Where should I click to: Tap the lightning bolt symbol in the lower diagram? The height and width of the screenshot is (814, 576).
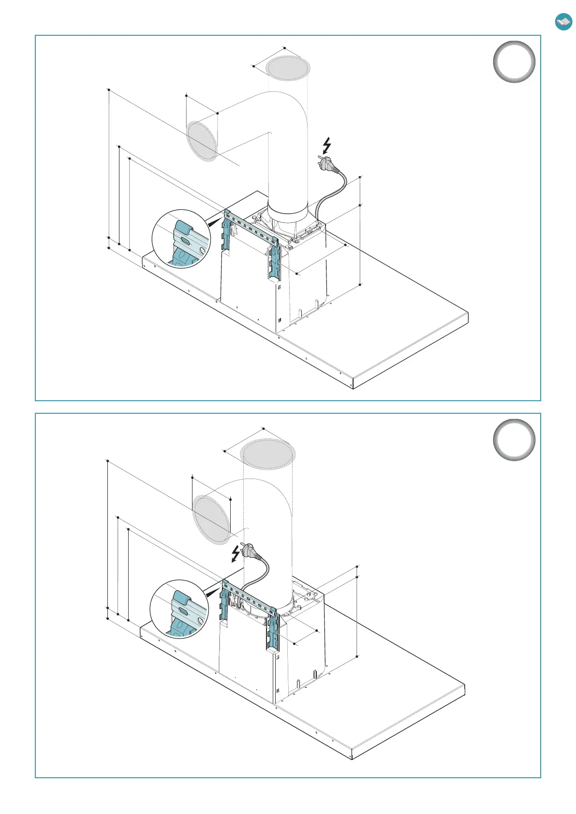(236, 554)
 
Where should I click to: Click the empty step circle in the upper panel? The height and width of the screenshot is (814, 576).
(514, 62)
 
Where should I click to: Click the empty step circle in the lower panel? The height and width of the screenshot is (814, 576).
(514, 440)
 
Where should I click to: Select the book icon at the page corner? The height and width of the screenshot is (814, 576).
(563, 21)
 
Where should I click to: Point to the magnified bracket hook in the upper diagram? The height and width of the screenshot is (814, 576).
(183, 231)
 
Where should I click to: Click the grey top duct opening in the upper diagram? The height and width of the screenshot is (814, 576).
(288, 68)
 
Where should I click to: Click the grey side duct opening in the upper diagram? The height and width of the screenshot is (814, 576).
(202, 141)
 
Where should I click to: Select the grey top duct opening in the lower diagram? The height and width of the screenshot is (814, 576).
(268, 454)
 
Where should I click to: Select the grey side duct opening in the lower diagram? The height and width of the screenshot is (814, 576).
(211, 519)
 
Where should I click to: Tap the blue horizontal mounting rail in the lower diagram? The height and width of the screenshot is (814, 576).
(250, 598)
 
